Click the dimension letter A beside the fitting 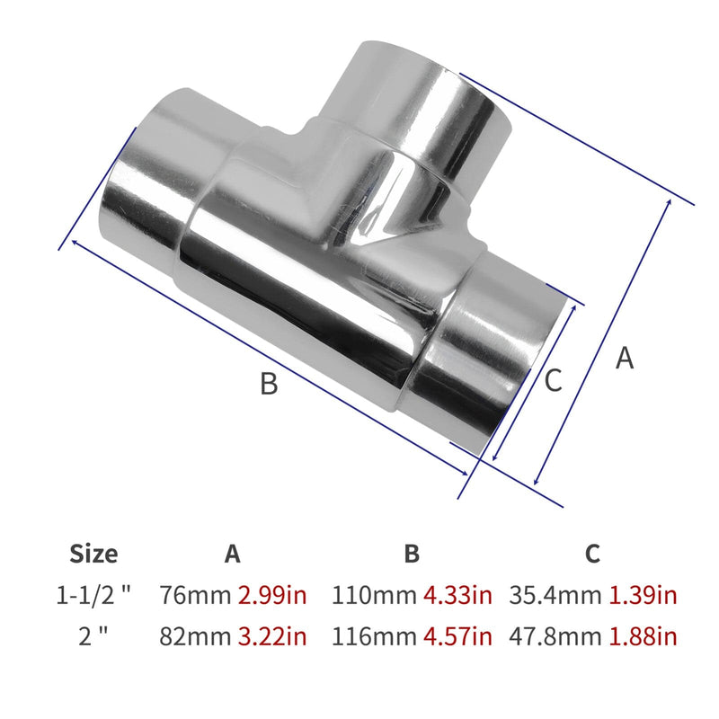click(x=626, y=359)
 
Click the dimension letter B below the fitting click(x=269, y=385)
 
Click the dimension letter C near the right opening click(x=553, y=380)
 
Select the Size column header click(x=93, y=554)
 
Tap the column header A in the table click(x=233, y=554)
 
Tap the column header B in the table click(x=412, y=554)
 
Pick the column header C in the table click(x=592, y=554)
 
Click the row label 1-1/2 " click(x=93, y=595)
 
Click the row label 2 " click(x=93, y=636)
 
